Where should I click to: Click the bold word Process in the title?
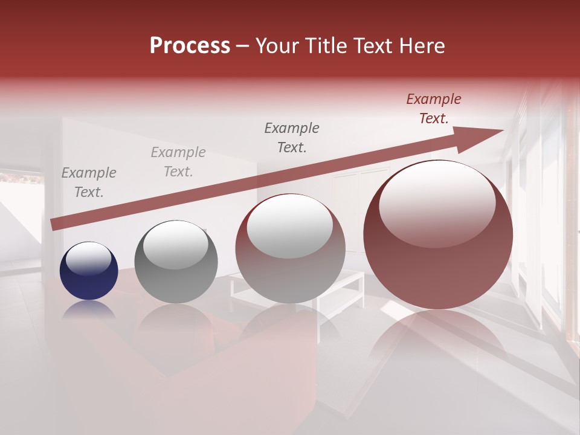click(x=190, y=46)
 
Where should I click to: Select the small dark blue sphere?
click(x=89, y=271)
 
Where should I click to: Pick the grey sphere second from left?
click(x=175, y=262)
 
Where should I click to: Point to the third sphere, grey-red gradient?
click(x=291, y=249)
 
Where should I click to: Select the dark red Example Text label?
click(x=434, y=109)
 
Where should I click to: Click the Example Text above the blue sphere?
click(x=89, y=182)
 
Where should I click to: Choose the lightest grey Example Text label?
click(x=178, y=162)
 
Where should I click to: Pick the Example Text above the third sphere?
click(x=292, y=137)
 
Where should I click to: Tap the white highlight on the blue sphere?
click(x=89, y=258)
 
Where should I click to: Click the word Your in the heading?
click(x=278, y=46)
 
